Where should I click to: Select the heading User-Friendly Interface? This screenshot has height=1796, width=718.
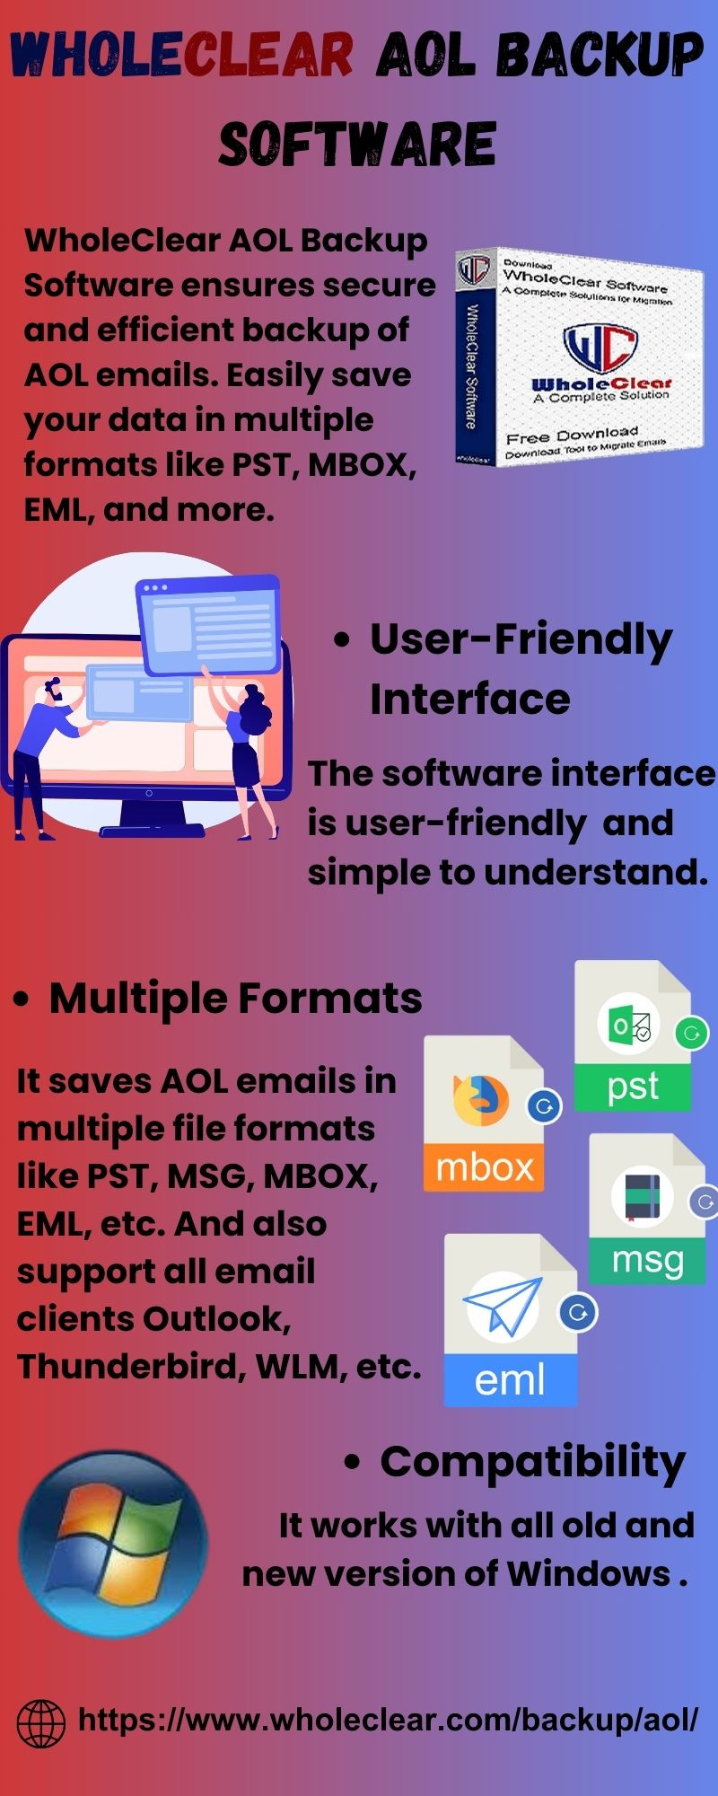[521, 669]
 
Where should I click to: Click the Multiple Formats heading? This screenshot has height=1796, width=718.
[235, 999]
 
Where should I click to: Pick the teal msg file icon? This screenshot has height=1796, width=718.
[648, 1209]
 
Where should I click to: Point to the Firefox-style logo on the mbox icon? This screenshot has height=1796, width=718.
[480, 1099]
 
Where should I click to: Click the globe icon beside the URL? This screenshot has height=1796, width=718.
[41, 1723]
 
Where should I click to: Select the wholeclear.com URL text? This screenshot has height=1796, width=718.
[389, 1721]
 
